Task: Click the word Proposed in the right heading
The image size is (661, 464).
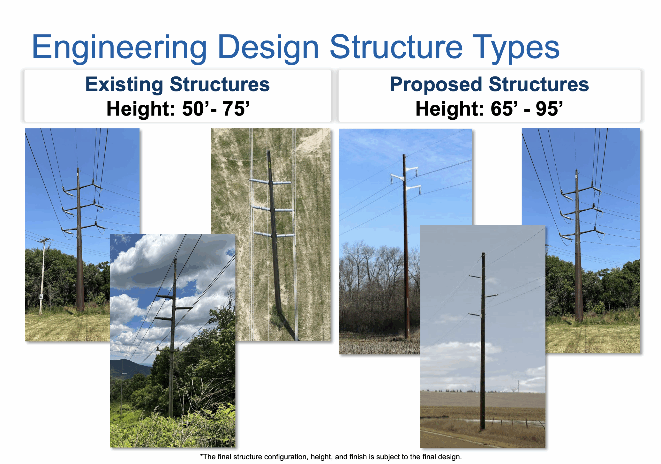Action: point(436,84)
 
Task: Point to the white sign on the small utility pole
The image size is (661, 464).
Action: point(41,296)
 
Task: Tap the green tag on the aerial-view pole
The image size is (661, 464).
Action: point(270,165)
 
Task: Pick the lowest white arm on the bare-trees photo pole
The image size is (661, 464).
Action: point(413,188)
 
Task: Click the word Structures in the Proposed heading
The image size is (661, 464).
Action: point(539,84)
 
